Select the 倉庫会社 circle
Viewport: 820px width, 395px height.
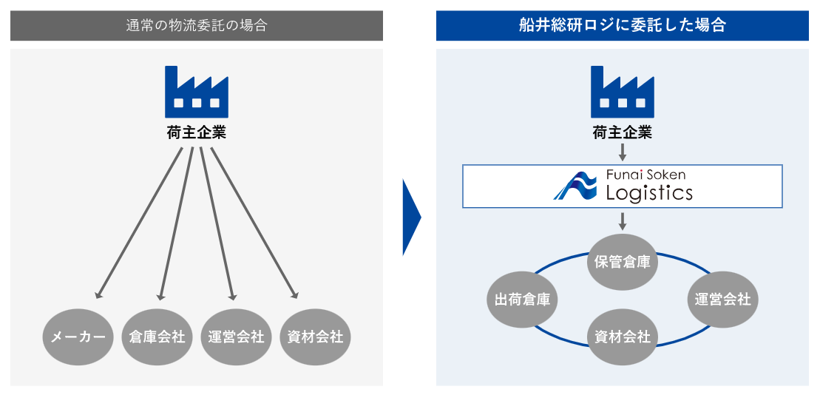point(157,337)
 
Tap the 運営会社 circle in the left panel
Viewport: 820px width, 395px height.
point(236,337)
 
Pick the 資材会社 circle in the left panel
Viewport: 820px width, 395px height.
point(316,337)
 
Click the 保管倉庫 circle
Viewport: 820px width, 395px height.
point(623,262)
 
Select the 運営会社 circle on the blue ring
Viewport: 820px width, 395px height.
point(722,299)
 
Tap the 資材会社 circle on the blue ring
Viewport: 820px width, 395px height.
point(623,337)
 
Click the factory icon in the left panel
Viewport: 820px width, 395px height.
point(197,92)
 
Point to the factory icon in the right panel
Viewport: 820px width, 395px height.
point(623,92)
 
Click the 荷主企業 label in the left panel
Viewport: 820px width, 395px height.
point(197,133)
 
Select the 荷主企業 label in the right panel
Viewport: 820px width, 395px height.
point(623,133)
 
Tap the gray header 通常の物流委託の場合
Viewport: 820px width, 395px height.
point(197,26)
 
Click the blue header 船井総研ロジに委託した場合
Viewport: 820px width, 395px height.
point(623,26)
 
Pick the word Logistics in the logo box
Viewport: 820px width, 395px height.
point(649,194)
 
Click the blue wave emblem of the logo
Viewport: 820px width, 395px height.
point(575,186)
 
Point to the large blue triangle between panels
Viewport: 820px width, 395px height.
point(410,217)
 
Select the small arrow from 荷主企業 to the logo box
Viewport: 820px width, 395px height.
point(623,153)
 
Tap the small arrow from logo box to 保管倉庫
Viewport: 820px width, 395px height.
point(623,221)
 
